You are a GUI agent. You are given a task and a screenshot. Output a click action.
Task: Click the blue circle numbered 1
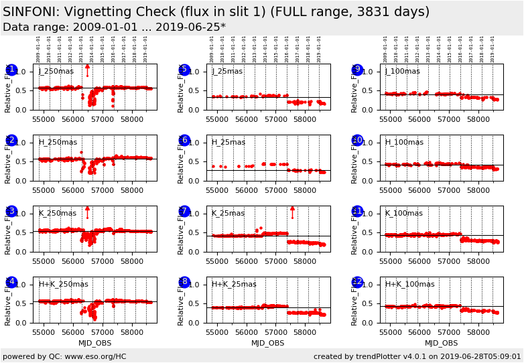tap(11, 70)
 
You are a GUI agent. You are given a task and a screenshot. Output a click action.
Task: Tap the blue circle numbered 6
tap(184, 141)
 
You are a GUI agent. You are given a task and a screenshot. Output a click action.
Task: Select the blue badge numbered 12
tap(357, 282)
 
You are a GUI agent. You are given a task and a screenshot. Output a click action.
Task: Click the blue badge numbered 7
tap(184, 212)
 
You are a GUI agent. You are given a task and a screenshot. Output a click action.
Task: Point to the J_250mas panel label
tap(56, 72)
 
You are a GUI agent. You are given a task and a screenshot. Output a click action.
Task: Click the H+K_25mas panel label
tap(234, 285)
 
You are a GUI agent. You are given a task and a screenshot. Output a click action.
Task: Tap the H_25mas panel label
tap(228, 143)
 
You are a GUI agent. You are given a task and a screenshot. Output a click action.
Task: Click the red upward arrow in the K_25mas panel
tap(292, 211)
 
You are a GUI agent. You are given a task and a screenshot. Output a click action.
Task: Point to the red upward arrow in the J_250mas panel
tap(87, 69)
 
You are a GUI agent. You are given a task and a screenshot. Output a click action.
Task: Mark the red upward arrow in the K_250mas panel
tap(87, 211)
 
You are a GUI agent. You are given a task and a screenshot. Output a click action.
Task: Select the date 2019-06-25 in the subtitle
tap(192, 27)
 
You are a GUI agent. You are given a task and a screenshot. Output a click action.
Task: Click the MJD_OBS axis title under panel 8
tap(267, 343)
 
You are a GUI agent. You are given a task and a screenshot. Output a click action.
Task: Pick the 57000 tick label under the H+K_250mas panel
tap(103, 332)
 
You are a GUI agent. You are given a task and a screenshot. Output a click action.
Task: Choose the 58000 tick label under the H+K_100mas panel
tap(478, 332)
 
